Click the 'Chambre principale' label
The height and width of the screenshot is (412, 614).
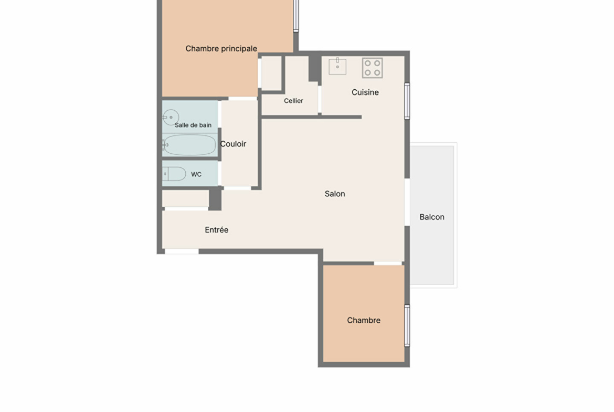[x=221, y=49]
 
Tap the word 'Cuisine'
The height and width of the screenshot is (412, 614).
[x=365, y=92]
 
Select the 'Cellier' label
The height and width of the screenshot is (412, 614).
[x=293, y=101]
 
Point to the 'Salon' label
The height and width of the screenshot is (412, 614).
[x=335, y=194]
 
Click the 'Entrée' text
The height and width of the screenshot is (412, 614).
[x=217, y=230]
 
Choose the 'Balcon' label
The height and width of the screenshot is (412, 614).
[x=432, y=217]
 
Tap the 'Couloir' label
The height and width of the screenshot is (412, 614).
[x=233, y=144]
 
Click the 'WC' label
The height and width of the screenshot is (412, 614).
[x=196, y=174]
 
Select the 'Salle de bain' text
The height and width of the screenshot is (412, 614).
[x=193, y=125]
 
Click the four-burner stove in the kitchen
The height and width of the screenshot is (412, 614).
[x=373, y=68]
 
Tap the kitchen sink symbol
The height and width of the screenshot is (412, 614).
[x=337, y=66]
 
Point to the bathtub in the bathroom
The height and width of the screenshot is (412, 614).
[x=189, y=145]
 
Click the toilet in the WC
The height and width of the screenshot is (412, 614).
[x=174, y=174]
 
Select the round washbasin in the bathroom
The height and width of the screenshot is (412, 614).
[x=171, y=117]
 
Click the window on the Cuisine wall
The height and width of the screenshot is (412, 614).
[x=407, y=101]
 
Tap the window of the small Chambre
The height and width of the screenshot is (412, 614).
[x=407, y=326]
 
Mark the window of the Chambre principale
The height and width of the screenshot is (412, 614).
[x=296, y=16]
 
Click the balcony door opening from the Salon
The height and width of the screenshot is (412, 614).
[x=407, y=202]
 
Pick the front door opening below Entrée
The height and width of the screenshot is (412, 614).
[x=182, y=251]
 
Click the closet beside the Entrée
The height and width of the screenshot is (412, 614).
[x=186, y=198]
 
